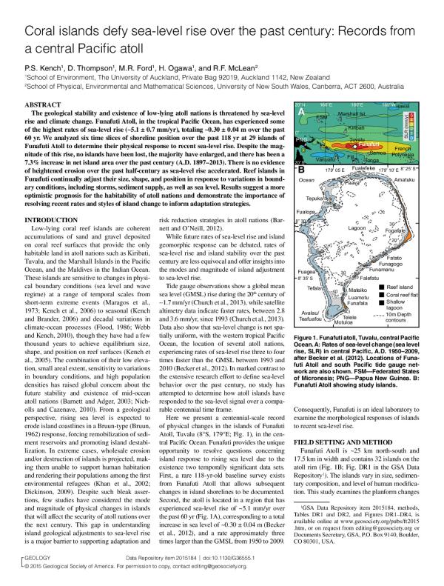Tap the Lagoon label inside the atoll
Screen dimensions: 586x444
click(x=359, y=230)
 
